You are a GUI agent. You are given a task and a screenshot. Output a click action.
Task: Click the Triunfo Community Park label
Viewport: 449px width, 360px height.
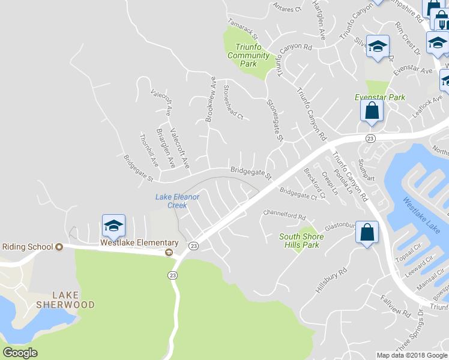[249, 56]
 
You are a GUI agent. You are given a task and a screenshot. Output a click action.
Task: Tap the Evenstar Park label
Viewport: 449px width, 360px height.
[380, 97]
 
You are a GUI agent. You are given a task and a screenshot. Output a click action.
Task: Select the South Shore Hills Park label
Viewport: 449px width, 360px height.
[301, 241]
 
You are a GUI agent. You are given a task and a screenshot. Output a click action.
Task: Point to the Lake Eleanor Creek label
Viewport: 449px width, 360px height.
[177, 201]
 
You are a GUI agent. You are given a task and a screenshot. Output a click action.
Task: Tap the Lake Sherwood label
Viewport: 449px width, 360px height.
[73, 299]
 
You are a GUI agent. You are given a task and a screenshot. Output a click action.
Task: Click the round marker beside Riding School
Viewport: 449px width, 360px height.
[59, 247]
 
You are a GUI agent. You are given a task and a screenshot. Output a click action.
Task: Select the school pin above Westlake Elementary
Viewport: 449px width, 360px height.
[113, 226]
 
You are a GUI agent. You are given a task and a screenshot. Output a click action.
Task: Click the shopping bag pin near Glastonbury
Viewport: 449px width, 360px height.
[366, 232]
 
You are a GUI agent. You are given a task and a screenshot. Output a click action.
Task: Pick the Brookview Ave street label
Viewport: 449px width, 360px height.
[211, 99]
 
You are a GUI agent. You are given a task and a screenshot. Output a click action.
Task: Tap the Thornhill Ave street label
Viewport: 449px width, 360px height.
[148, 149]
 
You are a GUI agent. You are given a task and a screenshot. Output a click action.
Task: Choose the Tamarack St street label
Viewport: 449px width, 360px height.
[242, 29]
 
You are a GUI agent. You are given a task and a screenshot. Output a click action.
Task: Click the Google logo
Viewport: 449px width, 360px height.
[20, 353]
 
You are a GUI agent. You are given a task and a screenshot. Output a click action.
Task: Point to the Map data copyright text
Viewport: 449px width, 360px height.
[411, 355]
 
